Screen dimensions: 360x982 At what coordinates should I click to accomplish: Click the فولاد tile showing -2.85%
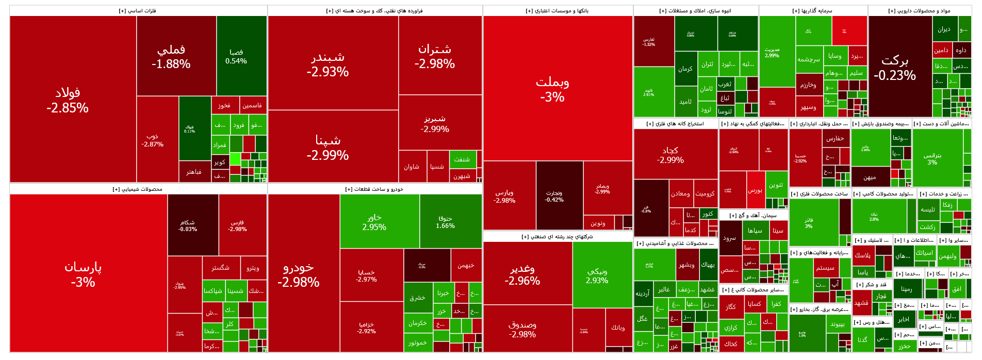click(68, 100)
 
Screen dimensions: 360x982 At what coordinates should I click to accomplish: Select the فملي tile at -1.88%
click(171, 56)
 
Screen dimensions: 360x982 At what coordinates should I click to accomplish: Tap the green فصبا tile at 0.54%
click(236, 56)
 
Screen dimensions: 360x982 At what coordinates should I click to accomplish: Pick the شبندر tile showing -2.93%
click(328, 64)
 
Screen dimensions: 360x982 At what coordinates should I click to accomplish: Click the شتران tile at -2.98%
click(435, 56)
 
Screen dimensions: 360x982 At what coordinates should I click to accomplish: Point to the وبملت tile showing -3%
click(552, 89)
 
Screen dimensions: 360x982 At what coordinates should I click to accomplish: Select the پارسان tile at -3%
click(83, 274)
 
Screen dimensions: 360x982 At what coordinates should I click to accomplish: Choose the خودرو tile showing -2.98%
click(299, 274)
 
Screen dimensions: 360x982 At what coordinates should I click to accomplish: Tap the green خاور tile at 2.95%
click(374, 222)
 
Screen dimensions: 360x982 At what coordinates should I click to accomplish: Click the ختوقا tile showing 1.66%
click(446, 222)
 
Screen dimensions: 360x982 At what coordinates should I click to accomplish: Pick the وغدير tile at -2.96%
click(522, 274)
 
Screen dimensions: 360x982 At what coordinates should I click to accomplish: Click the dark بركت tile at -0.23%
click(895, 67)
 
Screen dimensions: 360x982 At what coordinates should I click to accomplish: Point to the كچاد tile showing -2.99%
click(670, 154)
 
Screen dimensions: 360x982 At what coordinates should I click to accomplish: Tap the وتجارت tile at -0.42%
click(554, 196)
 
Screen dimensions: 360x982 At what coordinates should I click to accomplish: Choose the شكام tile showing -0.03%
click(188, 225)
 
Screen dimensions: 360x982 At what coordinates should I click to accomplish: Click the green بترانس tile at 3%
click(932, 158)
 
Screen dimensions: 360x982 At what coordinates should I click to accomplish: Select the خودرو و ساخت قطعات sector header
click(374, 189)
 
